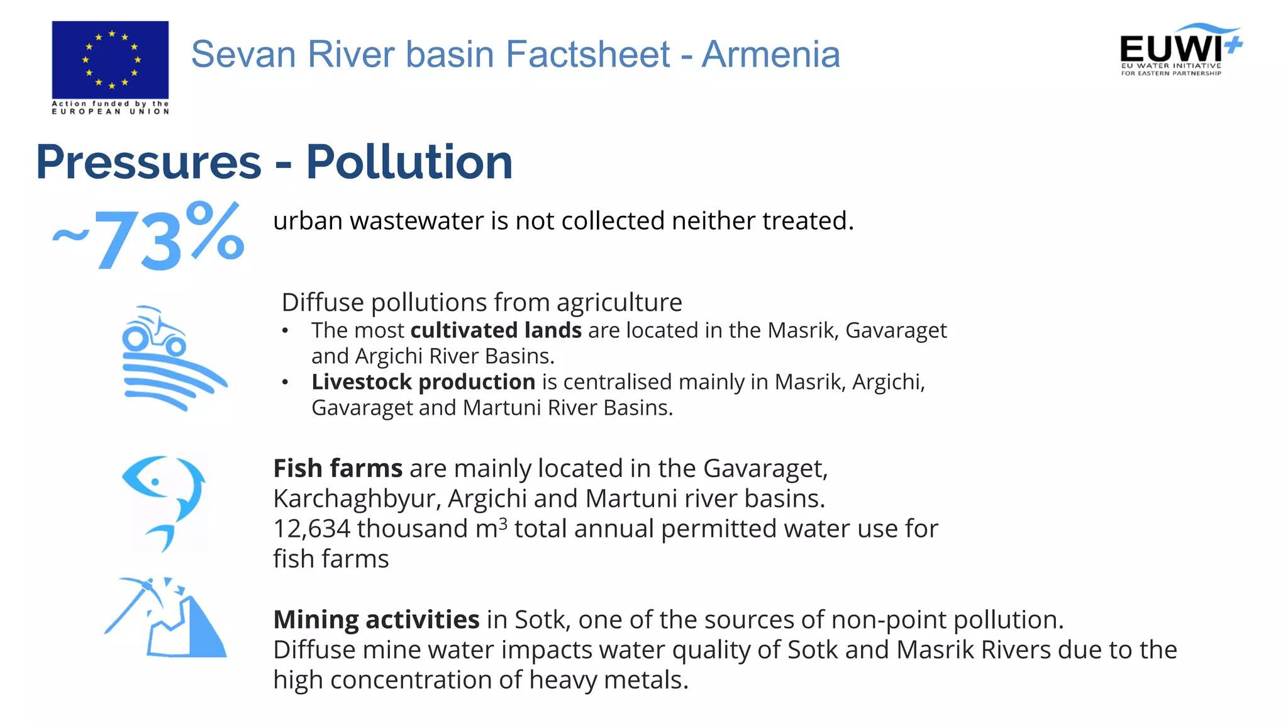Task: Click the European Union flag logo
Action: (x=110, y=60)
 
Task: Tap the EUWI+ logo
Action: (x=1180, y=50)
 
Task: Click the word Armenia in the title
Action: (x=770, y=54)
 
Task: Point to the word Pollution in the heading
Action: (x=409, y=162)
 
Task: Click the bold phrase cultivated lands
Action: (x=496, y=330)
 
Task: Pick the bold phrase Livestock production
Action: (x=423, y=382)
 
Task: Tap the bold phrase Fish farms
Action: (x=338, y=469)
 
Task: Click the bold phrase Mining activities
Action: (x=376, y=620)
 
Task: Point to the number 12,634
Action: (x=311, y=529)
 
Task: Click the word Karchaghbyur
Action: (x=356, y=499)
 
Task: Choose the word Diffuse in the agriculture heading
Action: (x=323, y=303)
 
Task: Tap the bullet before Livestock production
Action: (x=286, y=382)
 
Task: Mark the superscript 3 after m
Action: (x=502, y=523)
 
